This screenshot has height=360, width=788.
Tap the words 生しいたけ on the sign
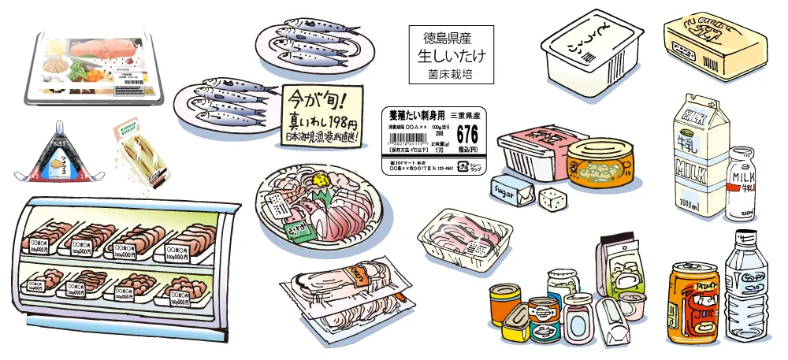pos(452,56)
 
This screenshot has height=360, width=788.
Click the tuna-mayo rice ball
pos(58,151)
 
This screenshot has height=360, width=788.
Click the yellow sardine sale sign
pos(322,117)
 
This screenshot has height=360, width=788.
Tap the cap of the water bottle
pos(743,236)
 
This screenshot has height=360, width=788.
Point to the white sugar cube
pos(552,199)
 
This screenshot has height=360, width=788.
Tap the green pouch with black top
pos(621,264)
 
